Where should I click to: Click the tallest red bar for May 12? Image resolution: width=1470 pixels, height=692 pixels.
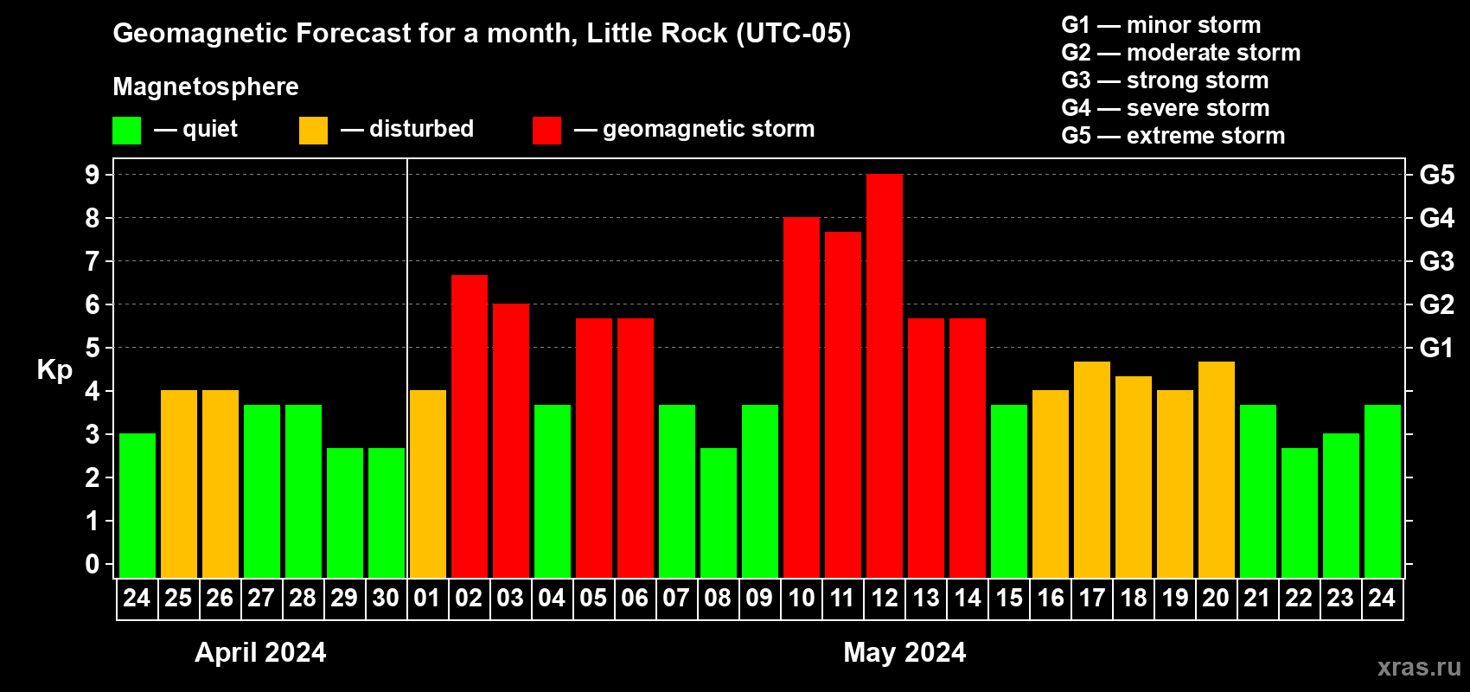(x=884, y=376)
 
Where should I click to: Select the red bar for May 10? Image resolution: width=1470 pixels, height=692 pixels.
(x=801, y=398)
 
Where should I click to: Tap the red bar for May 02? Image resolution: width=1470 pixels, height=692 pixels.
(x=469, y=426)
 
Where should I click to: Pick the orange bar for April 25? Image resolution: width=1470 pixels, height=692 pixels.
(x=178, y=484)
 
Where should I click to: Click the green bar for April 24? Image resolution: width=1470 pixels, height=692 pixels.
(x=137, y=506)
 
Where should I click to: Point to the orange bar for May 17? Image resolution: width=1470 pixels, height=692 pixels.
(x=1091, y=470)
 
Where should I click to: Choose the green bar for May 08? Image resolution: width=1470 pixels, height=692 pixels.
(x=718, y=513)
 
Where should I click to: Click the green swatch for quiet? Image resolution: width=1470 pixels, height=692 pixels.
(x=126, y=131)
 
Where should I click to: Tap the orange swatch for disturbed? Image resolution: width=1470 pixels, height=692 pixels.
(x=313, y=131)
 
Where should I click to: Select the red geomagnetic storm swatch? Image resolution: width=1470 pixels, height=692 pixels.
(x=546, y=131)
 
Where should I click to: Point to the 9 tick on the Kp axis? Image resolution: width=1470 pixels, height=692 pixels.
(x=93, y=175)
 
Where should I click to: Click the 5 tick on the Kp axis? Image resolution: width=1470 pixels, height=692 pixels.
(x=93, y=348)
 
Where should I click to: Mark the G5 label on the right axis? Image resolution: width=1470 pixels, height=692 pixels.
(x=1436, y=175)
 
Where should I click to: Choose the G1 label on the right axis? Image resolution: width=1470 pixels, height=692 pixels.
(x=1436, y=348)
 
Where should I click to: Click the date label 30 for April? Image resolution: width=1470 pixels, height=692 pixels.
(x=386, y=598)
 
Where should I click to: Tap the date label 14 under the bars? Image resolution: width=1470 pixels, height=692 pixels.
(x=967, y=598)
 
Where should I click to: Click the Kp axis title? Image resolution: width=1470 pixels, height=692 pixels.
(x=54, y=369)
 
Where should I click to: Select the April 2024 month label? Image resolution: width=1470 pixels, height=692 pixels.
(x=260, y=651)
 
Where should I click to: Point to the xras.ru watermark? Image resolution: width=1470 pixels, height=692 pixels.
(x=1418, y=667)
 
